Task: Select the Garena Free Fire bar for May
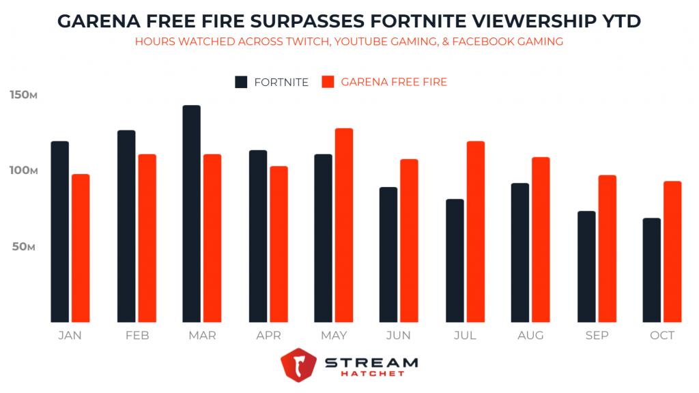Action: pyautogui.click(x=345, y=225)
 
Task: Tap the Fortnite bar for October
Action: pyautogui.click(x=653, y=270)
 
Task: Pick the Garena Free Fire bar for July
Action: pyautogui.click(x=476, y=231)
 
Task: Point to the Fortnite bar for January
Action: pyautogui.click(x=60, y=231)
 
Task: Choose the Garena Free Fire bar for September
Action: pyautogui.click(x=608, y=248)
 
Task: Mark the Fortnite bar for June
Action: pyautogui.click(x=388, y=254)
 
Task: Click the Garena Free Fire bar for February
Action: pyautogui.click(x=147, y=238)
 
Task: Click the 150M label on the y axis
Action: pyautogui.click(x=23, y=95)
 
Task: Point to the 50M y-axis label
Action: pyautogui.click(x=23, y=246)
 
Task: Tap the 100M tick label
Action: pyautogui.click(x=23, y=171)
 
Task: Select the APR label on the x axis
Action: pyautogui.click(x=268, y=336)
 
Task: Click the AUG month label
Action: pyautogui.click(x=530, y=336)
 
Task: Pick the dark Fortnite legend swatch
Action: pyautogui.click(x=242, y=82)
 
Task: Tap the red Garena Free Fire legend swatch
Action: pyautogui.click(x=328, y=82)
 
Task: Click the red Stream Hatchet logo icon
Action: pyautogui.click(x=298, y=366)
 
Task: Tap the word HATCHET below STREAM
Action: pyautogui.click(x=373, y=374)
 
